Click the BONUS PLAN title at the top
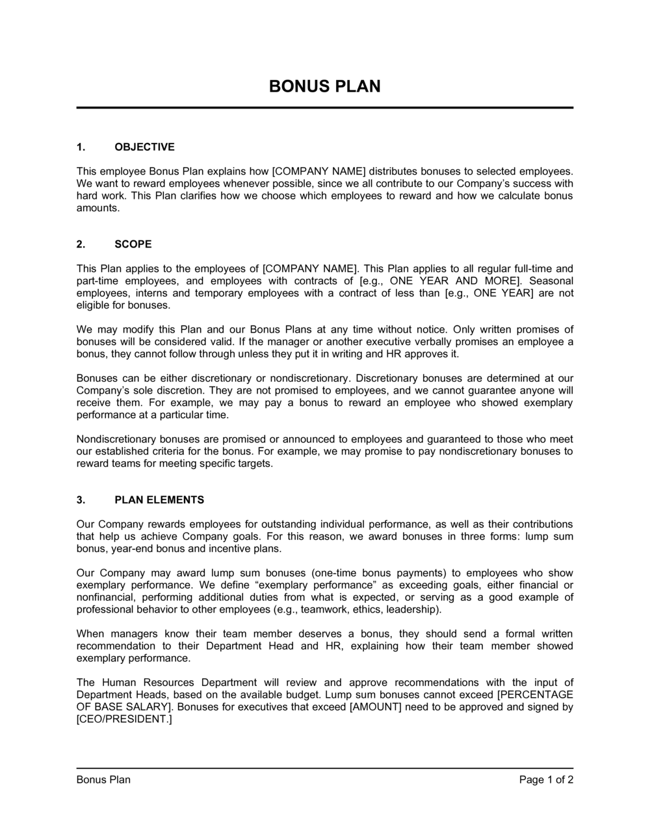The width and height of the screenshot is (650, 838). [x=324, y=86]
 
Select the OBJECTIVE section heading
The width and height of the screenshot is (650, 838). [x=144, y=147]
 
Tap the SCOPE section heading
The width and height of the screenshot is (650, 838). [x=133, y=244]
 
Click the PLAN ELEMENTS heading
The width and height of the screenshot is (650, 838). [x=159, y=500]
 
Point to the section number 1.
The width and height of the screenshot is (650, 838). [x=81, y=147]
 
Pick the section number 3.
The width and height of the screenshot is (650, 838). [x=81, y=500]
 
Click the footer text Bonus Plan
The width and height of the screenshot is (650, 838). [x=103, y=780]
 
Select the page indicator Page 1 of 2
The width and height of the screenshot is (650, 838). [x=546, y=780]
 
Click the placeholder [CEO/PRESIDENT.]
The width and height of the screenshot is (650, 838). [x=124, y=719]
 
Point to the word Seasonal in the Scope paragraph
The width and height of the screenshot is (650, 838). [x=551, y=281]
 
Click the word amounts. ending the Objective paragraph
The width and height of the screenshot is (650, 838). [x=98, y=208]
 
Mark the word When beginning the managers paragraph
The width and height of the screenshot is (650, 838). [x=90, y=633]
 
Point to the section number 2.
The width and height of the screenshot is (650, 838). [x=81, y=244]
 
